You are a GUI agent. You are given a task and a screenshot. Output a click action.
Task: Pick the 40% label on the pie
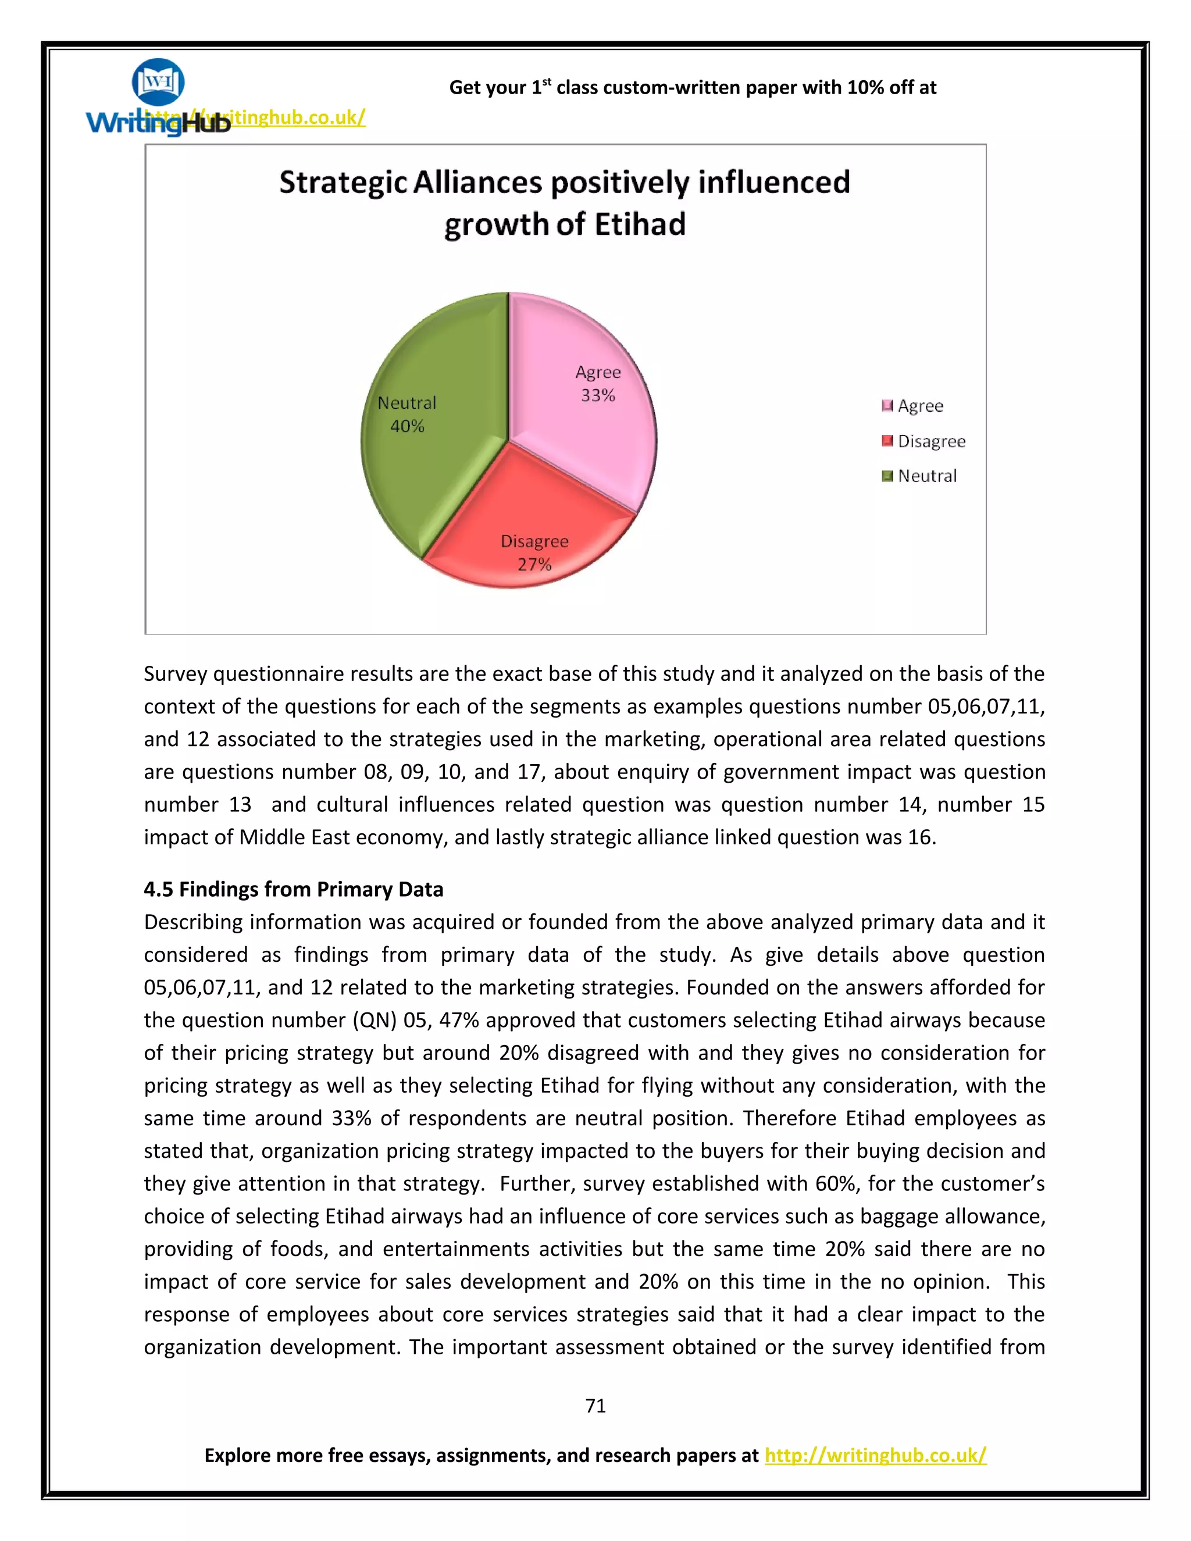(x=407, y=426)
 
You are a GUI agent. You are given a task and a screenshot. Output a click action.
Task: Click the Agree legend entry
(x=920, y=406)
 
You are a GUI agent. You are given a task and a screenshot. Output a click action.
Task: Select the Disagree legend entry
(x=930, y=441)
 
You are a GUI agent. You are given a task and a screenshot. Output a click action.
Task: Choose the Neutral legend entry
(x=926, y=476)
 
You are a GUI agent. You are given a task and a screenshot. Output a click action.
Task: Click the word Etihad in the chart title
(x=639, y=224)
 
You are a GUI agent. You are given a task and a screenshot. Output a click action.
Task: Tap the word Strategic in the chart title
(x=342, y=182)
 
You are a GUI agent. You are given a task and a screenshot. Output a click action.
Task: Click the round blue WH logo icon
(x=158, y=83)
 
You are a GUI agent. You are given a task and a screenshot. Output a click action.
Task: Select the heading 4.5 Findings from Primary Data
(x=294, y=889)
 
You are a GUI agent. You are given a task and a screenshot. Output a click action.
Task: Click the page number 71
(x=595, y=1406)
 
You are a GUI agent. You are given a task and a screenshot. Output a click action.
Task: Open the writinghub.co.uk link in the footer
(x=875, y=1455)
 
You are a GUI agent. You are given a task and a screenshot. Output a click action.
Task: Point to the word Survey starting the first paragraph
(x=175, y=674)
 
